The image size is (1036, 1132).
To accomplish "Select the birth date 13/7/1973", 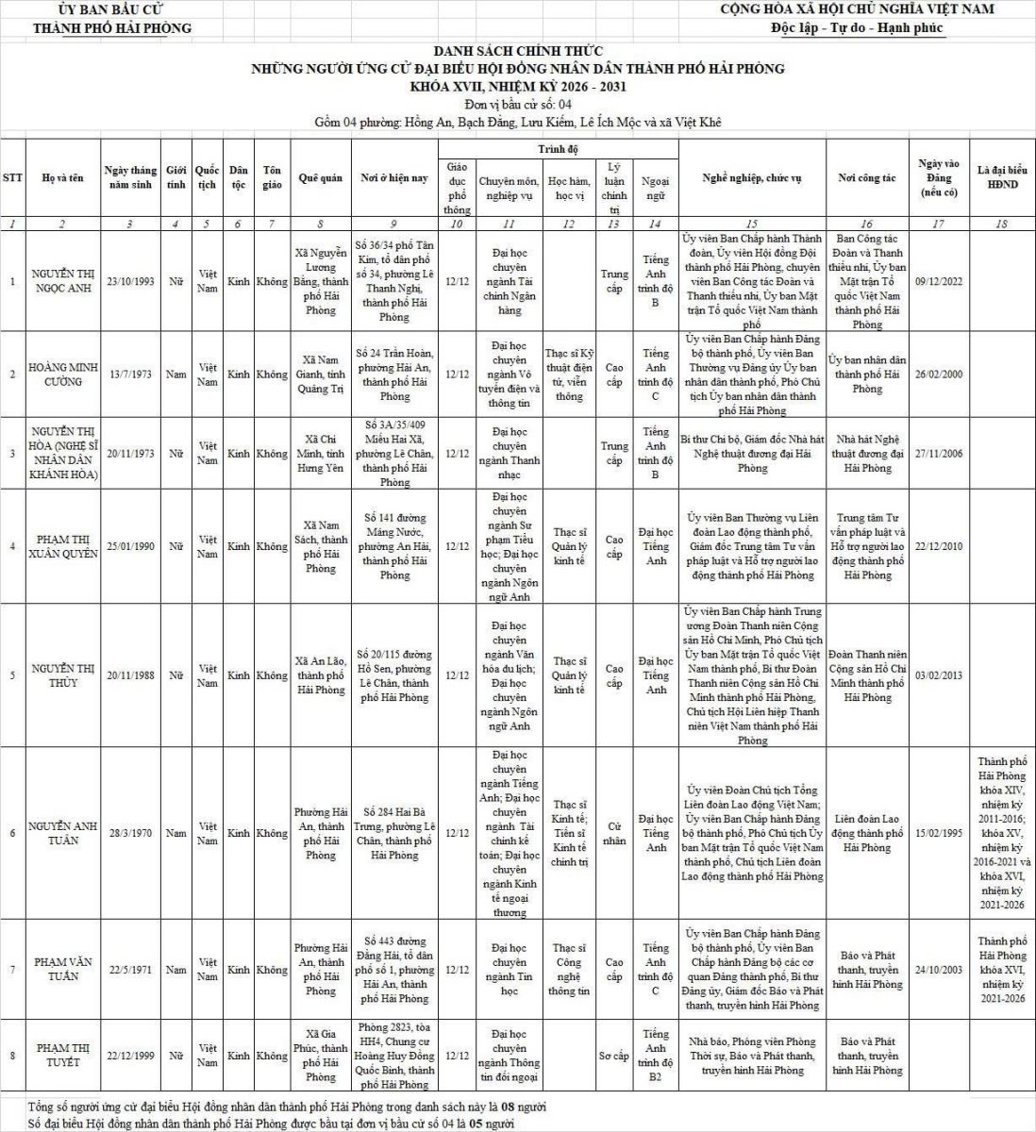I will [x=129, y=375].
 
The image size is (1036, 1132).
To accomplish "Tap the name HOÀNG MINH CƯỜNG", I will [x=63, y=375].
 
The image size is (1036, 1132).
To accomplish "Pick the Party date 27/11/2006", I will [x=939, y=454].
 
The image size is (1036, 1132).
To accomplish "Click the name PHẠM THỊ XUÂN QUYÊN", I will [x=63, y=546].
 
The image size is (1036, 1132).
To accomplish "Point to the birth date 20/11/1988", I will [x=129, y=675].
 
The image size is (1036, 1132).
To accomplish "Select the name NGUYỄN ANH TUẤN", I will [x=63, y=833].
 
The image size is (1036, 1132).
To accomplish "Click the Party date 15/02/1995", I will [x=939, y=834].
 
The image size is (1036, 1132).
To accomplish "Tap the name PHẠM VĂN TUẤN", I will [x=63, y=970].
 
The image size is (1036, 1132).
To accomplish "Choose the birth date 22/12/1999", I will [x=129, y=1056].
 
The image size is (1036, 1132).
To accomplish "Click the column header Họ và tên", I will [x=63, y=178].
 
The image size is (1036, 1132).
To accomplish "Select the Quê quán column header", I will [x=320, y=178].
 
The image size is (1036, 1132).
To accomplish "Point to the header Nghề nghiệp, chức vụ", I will [x=752, y=178].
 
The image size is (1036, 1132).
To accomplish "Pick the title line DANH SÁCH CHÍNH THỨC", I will [x=518, y=51].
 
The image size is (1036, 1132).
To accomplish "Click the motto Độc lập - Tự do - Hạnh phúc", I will [x=857, y=27].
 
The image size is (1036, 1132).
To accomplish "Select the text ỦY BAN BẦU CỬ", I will [x=112, y=9].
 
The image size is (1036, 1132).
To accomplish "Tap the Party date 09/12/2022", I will [x=939, y=281].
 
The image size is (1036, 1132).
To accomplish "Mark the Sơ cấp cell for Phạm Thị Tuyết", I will [x=614, y=1056].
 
